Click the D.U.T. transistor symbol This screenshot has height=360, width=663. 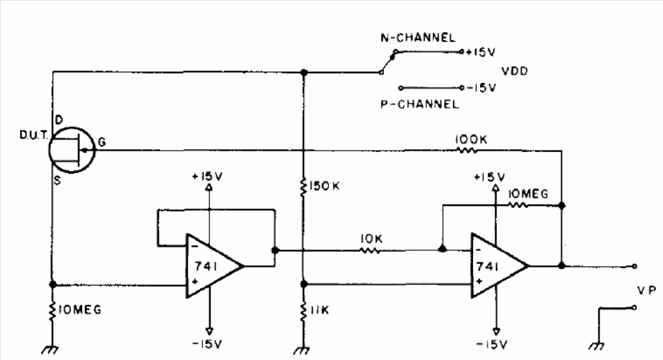(x=71, y=150)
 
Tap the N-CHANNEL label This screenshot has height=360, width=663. (x=418, y=37)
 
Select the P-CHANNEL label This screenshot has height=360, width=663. (x=419, y=104)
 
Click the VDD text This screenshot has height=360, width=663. (x=515, y=71)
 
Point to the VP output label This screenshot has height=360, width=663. (x=646, y=290)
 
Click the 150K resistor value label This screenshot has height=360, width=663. (x=325, y=186)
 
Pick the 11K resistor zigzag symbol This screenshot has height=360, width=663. (x=303, y=312)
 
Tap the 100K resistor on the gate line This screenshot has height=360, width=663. (x=467, y=150)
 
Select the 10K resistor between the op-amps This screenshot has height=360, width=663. (x=370, y=250)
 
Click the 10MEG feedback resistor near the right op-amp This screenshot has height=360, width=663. (x=517, y=205)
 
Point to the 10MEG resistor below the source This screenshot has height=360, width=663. (x=52, y=311)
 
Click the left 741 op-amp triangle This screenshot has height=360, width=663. (x=214, y=265)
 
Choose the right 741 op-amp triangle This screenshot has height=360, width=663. (x=500, y=265)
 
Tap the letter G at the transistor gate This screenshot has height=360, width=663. (x=102, y=142)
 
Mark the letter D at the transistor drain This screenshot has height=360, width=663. (x=59, y=120)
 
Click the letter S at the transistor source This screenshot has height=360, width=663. (x=57, y=180)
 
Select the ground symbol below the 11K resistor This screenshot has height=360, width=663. (x=302, y=350)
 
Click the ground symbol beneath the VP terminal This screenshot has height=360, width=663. (x=596, y=346)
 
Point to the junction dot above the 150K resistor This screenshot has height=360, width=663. (x=304, y=73)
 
